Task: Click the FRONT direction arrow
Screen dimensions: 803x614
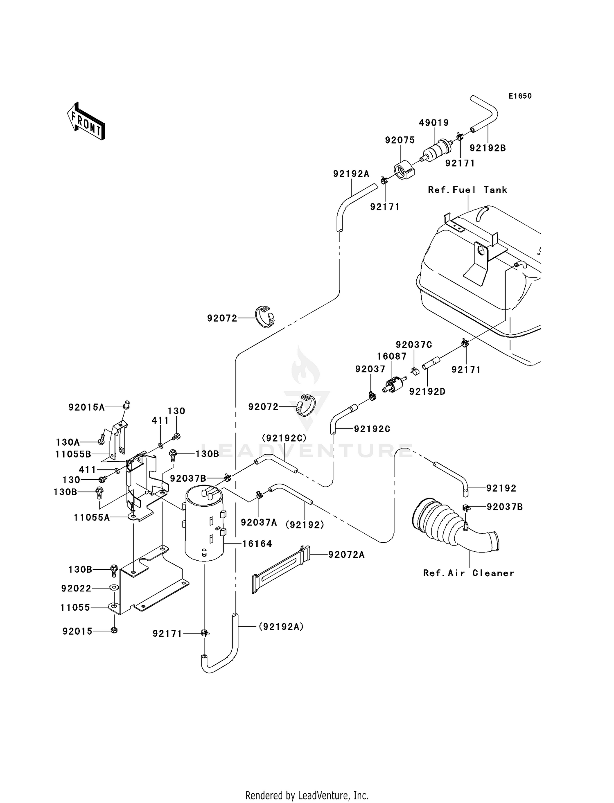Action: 86,122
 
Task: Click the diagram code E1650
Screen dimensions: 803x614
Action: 520,96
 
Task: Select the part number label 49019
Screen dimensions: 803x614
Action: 433,123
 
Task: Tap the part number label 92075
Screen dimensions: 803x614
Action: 400,140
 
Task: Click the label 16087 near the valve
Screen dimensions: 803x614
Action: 392,356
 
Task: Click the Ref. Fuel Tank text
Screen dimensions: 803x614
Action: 467,190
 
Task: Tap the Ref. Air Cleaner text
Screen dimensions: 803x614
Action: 468,573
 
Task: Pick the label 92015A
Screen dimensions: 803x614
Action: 86,407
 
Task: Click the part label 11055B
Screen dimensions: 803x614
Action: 73,454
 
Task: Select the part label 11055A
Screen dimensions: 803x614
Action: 92,517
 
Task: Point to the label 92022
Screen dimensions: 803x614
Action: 76,588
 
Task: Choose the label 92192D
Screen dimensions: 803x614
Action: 427,392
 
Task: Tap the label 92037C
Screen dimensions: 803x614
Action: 414,345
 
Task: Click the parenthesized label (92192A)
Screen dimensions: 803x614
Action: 281,627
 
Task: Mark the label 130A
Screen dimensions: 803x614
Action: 68,442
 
